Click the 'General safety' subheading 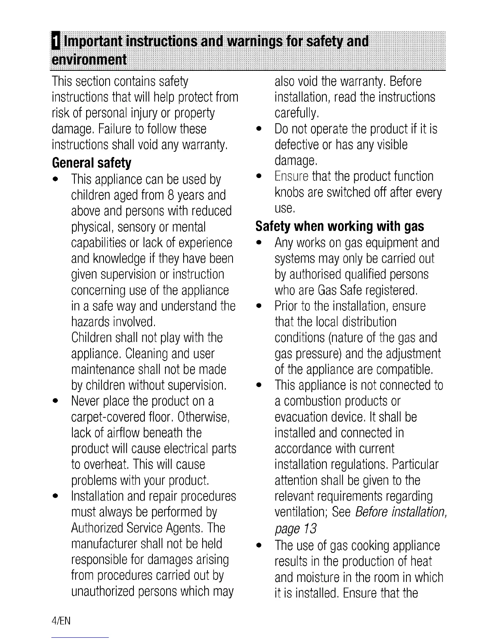point(92,163)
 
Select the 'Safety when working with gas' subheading point(340,226)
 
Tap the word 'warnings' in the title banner point(263,42)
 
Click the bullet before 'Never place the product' point(54,402)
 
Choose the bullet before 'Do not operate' point(258,129)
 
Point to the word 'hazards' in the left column point(90,322)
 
